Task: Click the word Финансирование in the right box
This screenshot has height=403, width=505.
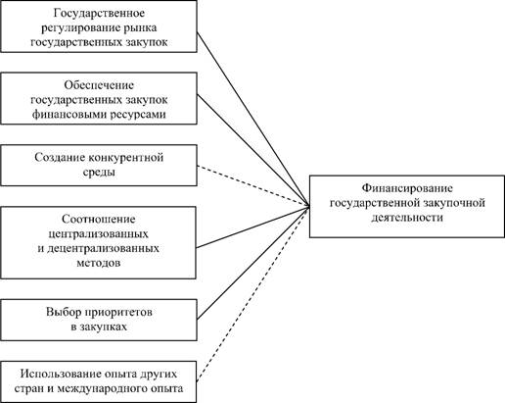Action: [407, 188]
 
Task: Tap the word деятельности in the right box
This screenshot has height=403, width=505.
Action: [407, 218]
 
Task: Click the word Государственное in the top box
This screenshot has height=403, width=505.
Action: [99, 14]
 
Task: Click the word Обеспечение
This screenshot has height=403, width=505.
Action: [99, 85]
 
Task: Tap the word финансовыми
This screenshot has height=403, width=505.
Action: [68, 115]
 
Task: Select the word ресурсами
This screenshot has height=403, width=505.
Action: [137, 115]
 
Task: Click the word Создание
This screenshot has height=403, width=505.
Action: [60, 158]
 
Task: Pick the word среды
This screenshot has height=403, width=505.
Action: [99, 173]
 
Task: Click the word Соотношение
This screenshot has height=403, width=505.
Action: [99, 219]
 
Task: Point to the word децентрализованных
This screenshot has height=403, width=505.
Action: [103, 248]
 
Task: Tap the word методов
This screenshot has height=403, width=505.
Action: [99, 263]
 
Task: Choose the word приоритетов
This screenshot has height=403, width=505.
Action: [118, 313]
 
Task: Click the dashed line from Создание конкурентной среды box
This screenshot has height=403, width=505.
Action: [253, 185]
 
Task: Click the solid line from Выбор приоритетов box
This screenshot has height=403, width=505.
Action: [253, 263]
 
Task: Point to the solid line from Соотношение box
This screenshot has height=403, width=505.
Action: [253, 227]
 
